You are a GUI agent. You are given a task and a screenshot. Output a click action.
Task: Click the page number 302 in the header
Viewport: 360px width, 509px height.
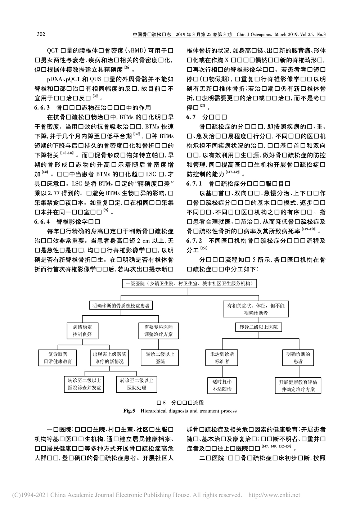[41, 34]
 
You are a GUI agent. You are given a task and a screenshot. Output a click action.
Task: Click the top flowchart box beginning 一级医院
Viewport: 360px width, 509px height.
[186, 284]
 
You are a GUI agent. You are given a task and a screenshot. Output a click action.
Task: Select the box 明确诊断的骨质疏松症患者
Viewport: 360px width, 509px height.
[121, 306]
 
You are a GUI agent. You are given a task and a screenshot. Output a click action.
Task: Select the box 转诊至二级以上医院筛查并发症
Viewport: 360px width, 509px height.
[85, 384]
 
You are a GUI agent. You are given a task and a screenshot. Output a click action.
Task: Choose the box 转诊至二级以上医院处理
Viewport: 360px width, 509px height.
[137, 384]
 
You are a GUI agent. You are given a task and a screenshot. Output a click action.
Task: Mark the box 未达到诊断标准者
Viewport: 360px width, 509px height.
[222, 357]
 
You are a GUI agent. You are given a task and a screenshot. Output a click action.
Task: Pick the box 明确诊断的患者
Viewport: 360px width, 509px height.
[298, 357]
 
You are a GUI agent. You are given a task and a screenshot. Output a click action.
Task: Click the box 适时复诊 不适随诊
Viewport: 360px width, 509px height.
[222, 385]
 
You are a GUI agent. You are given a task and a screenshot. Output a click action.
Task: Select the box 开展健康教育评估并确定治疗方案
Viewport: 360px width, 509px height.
[298, 385]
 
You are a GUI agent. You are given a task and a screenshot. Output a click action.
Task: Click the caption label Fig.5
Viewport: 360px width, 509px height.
[129, 411]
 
